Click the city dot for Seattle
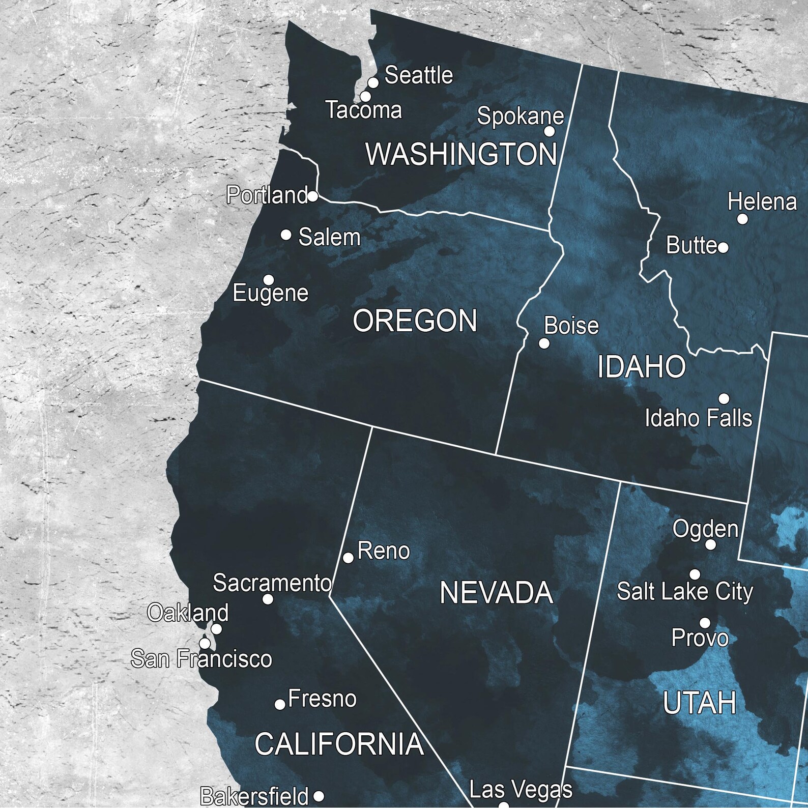373,82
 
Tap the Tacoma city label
364,110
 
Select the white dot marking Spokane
550,131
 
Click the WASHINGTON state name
461,154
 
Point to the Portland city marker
313,196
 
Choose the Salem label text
329,237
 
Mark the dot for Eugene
269,280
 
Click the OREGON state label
415,321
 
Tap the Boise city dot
544,343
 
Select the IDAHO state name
641,367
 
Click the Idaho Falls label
698,418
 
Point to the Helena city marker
742,219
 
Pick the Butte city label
691,245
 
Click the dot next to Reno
348,558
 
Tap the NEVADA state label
496,593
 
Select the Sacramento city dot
268,599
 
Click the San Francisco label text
201,659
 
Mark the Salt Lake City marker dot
695,574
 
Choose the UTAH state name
700,703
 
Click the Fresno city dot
280,704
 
